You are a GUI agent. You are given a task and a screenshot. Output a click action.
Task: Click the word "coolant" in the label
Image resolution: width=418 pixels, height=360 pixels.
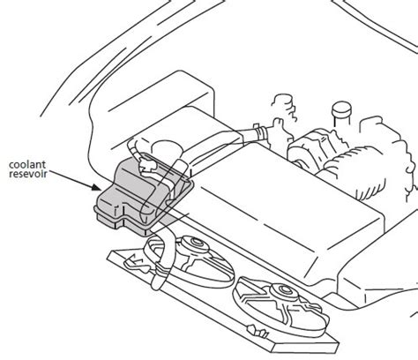coord(27,165)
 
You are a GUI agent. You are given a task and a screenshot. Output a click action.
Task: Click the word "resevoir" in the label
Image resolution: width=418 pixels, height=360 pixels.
coord(28,174)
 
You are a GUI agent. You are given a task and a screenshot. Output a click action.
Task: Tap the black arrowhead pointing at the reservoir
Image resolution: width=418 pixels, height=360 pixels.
coord(96,187)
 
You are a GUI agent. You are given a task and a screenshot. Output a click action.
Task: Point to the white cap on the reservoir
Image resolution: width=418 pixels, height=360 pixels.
coord(147,165)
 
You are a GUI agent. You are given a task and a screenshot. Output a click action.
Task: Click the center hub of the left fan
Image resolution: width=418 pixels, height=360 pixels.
coord(195,244)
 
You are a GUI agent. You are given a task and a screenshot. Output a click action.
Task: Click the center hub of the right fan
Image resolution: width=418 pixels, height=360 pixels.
coord(285,290)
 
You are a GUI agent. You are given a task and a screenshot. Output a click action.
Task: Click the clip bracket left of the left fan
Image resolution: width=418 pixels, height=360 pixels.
coord(135,263)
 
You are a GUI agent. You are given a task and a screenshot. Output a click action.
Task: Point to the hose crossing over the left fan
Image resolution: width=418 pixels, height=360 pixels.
coord(160,259)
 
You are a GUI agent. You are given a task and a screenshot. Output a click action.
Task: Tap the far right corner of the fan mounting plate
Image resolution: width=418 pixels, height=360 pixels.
coord(339,342)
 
